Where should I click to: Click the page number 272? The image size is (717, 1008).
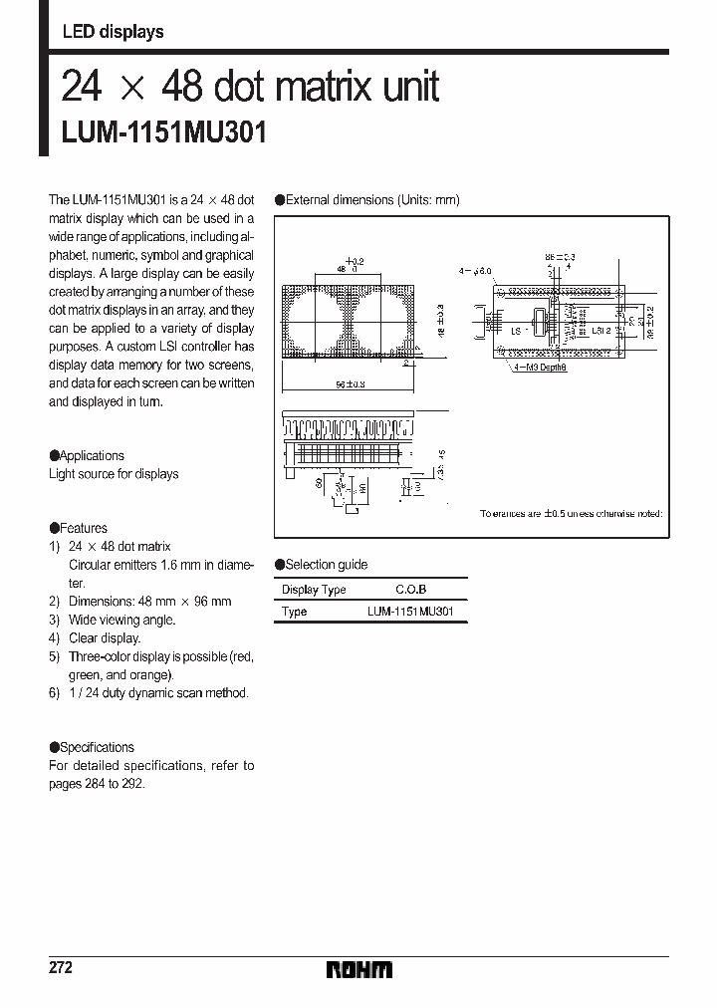tap(61, 968)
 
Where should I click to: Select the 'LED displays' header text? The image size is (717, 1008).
tap(113, 32)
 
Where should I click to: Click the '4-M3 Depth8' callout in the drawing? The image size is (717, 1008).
tap(541, 368)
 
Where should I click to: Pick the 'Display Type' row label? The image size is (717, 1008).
tap(314, 590)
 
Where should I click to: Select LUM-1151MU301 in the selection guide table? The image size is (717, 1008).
tap(410, 612)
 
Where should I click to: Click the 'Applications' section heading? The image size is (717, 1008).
tap(92, 455)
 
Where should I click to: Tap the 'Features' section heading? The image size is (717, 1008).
tap(83, 528)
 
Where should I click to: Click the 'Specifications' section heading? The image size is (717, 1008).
tap(97, 747)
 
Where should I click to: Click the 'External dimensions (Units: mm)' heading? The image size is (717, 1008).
tap(372, 200)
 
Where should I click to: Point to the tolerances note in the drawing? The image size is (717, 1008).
tap(571, 514)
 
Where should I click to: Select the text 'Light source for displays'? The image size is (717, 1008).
tap(114, 474)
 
